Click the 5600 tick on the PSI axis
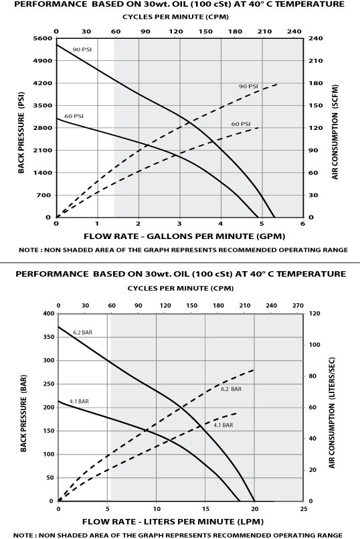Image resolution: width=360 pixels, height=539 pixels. coord(42,39)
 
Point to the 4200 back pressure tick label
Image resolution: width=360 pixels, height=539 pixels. coord(42,84)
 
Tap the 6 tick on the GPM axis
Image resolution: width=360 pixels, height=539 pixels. coord(302,224)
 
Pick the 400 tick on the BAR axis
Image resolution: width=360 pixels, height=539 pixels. coord(48,313)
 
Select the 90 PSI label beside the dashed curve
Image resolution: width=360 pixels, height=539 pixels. coord(248,86)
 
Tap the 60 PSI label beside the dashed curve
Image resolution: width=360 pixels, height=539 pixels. coord(240,124)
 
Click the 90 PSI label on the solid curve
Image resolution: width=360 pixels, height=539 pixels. coord(82,50)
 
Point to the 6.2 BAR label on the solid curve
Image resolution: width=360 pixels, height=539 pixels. coord(82,331)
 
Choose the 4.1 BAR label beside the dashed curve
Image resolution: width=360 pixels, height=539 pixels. coord(223,425)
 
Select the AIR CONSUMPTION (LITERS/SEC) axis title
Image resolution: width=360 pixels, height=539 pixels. coord(333,407)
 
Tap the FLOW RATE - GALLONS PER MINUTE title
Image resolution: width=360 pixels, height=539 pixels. coord(179,236)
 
